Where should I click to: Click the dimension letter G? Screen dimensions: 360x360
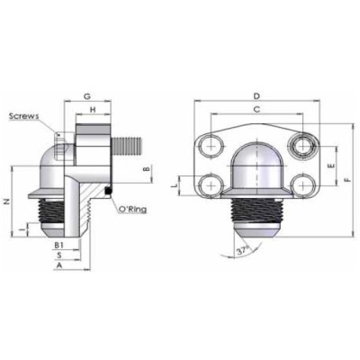pos(86,94)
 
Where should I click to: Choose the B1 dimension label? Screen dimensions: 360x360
pos(58,244)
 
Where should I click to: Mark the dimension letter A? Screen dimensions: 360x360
pos(58,266)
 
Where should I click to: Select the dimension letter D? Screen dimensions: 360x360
pos(256,95)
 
